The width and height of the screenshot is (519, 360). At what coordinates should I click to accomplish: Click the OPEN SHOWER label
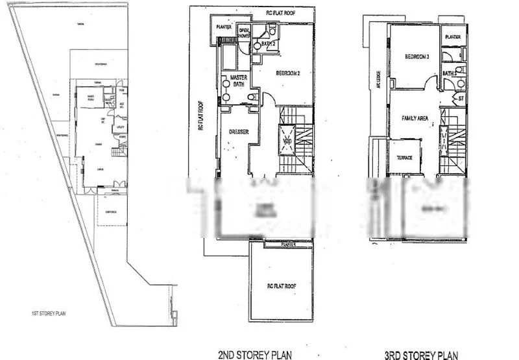(x=245, y=33)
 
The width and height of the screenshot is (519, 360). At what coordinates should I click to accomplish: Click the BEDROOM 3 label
(x=418, y=57)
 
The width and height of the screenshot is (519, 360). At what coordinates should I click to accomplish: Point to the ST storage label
(x=460, y=98)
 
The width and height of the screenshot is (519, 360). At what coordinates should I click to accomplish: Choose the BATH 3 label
(x=450, y=73)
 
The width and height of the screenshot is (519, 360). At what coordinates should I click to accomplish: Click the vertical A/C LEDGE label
(x=378, y=79)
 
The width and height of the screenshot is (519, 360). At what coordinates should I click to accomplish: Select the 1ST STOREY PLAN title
(x=49, y=313)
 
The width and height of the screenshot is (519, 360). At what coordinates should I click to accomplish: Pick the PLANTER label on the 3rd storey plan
(x=453, y=37)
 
